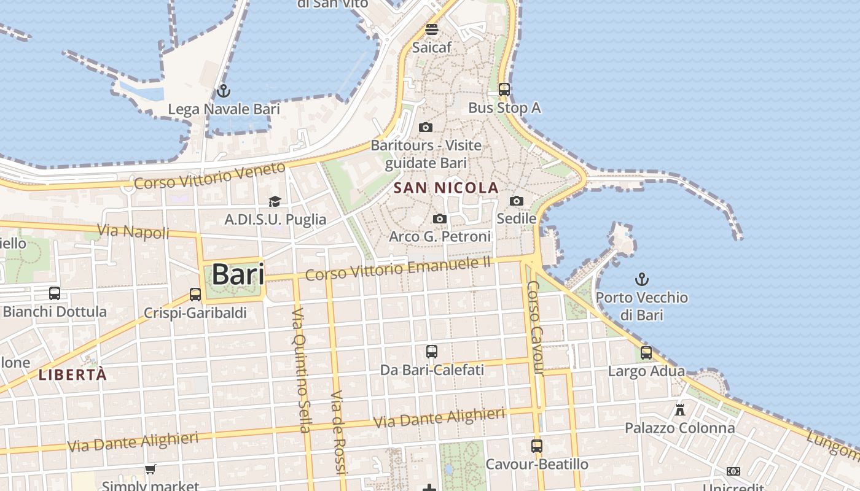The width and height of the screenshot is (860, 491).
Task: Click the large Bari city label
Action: pyautogui.click(x=238, y=274)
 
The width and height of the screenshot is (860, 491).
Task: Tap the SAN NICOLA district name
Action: pyautogui.click(x=446, y=188)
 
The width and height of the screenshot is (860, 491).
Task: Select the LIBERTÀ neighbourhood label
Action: pyautogui.click(x=72, y=374)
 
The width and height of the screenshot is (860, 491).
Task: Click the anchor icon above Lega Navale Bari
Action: pyautogui.click(x=224, y=91)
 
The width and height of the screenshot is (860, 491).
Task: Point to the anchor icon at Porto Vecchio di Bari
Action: pyautogui.click(x=641, y=279)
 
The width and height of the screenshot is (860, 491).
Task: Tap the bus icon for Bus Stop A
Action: pyautogui.click(x=504, y=90)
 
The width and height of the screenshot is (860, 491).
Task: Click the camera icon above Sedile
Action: pyautogui.click(x=517, y=201)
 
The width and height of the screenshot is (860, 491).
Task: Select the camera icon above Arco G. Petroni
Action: pyautogui.click(x=439, y=218)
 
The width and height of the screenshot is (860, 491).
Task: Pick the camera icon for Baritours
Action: pyautogui.click(x=425, y=127)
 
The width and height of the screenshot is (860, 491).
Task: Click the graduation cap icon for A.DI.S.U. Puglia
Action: pyautogui.click(x=275, y=201)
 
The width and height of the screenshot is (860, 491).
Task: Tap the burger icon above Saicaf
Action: pyautogui.click(x=431, y=29)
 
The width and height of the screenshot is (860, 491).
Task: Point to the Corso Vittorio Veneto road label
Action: pyautogui.click(x=210, y=176)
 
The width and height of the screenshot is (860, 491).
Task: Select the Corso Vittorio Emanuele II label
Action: pyautogui.click(x=398, y=268)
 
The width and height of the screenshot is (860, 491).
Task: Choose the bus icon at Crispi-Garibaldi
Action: pyautogui.click(x=195, y=295)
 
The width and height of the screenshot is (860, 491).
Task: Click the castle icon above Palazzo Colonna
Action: pyautogui.click(x=679, y=409)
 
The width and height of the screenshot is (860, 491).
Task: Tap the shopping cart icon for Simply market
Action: pyautogui.click(x=150, y=470)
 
